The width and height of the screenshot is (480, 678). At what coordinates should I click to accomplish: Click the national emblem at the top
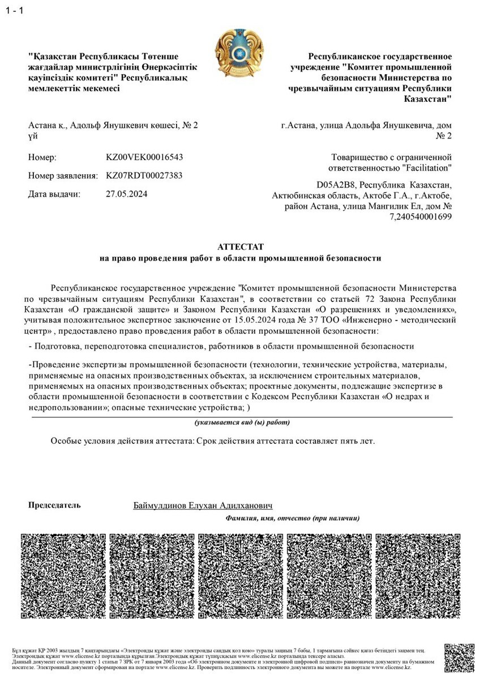tap(240, 55)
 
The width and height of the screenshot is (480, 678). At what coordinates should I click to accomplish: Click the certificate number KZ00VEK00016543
tap(144, 157)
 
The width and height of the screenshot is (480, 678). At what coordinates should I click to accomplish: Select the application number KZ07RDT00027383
tap(144, 175)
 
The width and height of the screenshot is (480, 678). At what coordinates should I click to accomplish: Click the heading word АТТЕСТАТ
tap(241, 247)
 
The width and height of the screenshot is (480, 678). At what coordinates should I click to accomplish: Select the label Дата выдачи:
tap(54, 194)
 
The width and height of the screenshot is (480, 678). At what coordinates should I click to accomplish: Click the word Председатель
tap(54, 505)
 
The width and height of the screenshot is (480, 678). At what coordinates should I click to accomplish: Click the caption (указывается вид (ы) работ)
tap(242, 422)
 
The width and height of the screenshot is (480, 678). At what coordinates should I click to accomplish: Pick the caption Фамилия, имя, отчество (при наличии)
tap(292, 517)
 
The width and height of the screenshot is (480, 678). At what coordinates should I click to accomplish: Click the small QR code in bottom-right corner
tap(459, 657)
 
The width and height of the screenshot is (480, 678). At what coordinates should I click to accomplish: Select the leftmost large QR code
tap(62, 575)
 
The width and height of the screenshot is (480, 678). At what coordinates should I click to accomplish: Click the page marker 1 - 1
tap(14, 11)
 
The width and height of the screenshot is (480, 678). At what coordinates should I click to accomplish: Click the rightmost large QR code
tap(418, 575)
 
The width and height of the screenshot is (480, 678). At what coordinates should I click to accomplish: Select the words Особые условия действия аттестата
tap(118, 441)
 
